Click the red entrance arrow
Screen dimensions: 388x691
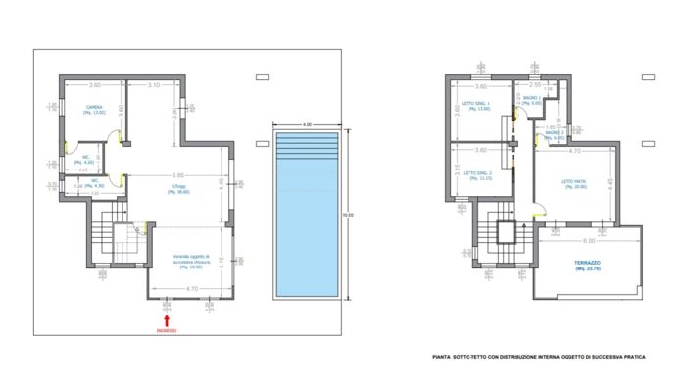coord(168,317)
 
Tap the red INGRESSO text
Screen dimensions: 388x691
coord(168,331)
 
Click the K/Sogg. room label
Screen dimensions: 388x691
coord(177,189)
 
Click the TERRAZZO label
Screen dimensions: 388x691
coord(588,264)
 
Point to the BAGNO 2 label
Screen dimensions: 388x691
coord(556,134)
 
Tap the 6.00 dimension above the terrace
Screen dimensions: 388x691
coord(587,240)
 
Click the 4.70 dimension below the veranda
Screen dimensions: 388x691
coord(192,289)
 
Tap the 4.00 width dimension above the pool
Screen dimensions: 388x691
coord(306,125)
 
